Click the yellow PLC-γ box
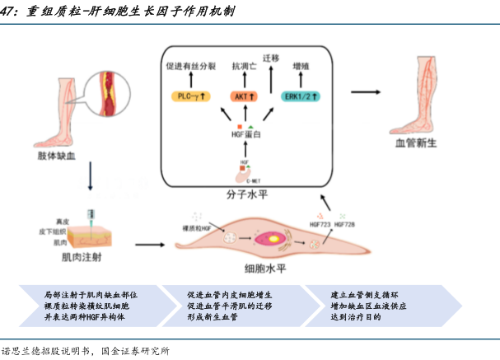[190, 96]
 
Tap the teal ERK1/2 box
[301, 96]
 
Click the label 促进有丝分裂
[190, 65]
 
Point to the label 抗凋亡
[244, 65]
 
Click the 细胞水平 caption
[265, 269]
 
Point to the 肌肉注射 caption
[80, 258]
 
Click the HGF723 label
[320, 223]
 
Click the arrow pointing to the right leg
[370, 92]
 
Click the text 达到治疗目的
[355, 317]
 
